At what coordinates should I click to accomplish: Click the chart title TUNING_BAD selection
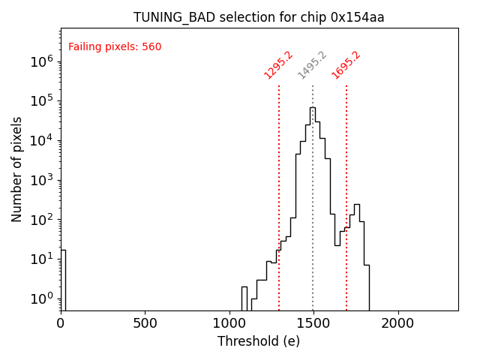click(259, 17)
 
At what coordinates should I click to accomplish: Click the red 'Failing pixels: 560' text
click(115, 47)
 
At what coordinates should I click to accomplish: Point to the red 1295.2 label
click(278, 65)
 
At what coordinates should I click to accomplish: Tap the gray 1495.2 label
click(312, 65)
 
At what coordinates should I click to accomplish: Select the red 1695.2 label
click(346, 65)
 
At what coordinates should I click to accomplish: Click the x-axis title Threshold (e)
click(259, 341)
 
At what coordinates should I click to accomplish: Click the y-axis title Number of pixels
click(17, 169)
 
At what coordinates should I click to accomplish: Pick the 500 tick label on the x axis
click(145, 322)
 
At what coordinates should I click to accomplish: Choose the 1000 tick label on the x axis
click(229, 322)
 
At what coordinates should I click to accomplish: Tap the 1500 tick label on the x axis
click(313, 322)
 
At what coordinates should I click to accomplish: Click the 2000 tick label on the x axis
click(397, 322)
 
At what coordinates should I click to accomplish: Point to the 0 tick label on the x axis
click(61, 322)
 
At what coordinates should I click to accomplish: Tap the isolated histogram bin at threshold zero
click(63, 277)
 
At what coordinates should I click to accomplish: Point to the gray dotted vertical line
click(313, 225)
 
